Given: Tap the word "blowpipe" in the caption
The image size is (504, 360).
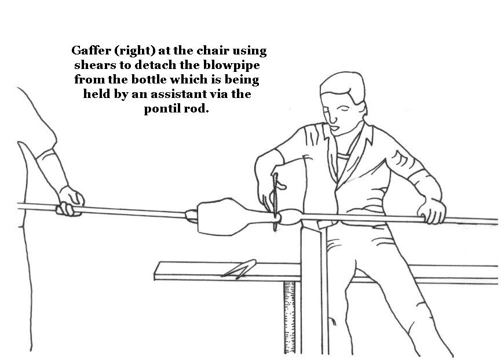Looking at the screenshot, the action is [231, 66].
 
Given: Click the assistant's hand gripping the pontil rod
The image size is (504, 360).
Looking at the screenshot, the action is [70, 202].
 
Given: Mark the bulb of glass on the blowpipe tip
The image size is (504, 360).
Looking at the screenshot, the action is [290, 216].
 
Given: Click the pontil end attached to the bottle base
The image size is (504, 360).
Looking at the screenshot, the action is [191, 216].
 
